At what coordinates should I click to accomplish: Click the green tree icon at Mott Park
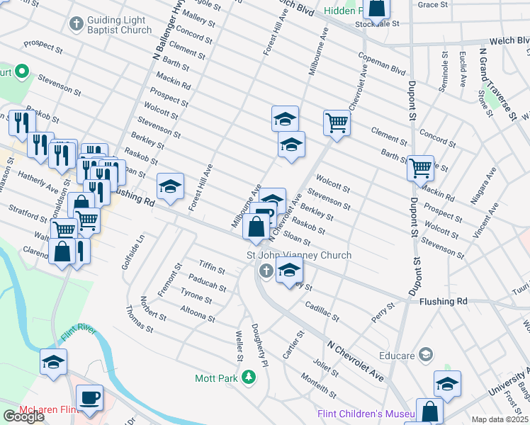248,378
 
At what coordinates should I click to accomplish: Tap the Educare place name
396,353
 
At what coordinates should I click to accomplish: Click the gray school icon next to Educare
426,353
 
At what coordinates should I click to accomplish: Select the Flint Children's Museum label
361,414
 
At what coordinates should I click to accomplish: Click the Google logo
23,416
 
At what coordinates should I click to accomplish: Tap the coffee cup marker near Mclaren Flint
89,397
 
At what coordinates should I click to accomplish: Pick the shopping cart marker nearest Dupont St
420,168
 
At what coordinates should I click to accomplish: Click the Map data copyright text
500,419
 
